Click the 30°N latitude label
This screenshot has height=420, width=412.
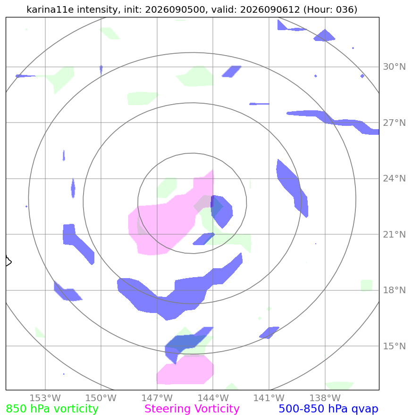click(x=394, y=66)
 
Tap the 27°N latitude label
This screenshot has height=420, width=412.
click(x=394, y=123)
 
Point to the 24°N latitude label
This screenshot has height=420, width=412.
click(x=394, y=178)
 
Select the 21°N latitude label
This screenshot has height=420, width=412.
click(x=394, y=234)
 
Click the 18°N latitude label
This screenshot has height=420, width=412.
click(x=394, y=290)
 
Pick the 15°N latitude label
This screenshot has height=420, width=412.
click(x=394, y=346)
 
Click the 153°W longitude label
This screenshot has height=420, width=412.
click(x=45, y=398)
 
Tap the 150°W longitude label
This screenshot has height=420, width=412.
click(x=101, y=398)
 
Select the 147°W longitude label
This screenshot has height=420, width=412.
click(x=157, y=398)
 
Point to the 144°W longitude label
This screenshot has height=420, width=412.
click(x=213, y=398)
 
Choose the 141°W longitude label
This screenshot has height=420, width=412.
click(x=269, y=398)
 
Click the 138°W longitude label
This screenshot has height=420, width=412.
click(x=325, y=398)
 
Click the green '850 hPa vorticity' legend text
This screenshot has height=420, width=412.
click(x=52, y=409)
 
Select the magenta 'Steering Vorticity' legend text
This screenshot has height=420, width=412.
click(x=192, y=409)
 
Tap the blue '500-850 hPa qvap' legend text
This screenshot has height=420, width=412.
click(x=328, y=409)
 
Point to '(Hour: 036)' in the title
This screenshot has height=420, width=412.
click(x=330, y=9)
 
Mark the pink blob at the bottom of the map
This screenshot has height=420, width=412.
click(x=185, y=370)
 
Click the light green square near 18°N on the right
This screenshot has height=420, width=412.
click(x=367, y=285)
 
